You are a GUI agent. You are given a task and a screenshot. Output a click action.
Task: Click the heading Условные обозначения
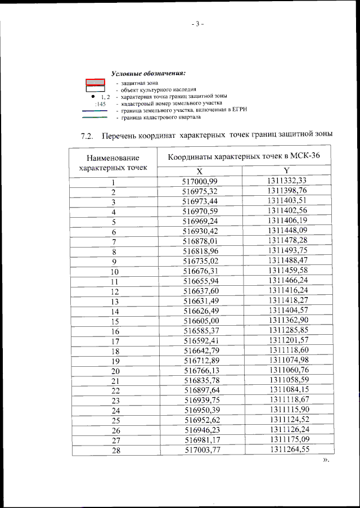point(148,74)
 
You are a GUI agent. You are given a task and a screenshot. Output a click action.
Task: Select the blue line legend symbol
point(95,111)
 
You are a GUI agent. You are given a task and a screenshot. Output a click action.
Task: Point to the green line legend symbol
point(95,118)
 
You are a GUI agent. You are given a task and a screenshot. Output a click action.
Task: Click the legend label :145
point(100,104)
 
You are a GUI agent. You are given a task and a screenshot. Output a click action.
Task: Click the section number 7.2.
point(87,136)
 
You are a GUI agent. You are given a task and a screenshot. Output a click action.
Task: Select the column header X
point(200,171)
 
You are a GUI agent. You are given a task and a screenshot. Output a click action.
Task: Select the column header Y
point(286,171)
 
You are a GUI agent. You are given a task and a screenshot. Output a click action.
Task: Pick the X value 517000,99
point(200,181)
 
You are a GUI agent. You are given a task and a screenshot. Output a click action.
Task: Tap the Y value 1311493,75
point(287,251)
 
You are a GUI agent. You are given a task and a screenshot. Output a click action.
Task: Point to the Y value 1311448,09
point(287,231)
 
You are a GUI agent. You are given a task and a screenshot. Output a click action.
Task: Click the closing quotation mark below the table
point(325,461)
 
